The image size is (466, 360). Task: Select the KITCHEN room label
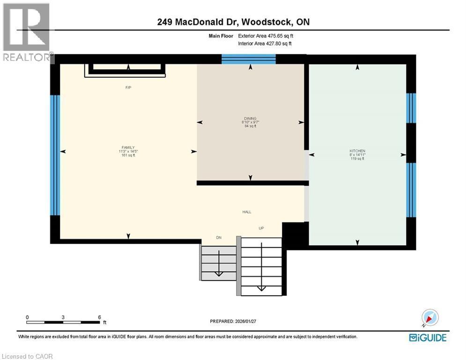[x=357, y=150]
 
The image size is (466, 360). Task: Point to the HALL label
[x=246, y=212]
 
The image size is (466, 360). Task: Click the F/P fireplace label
[x=128, y=88]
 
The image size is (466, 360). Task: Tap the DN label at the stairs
[x=218, y=238]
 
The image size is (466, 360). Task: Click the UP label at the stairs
[x=261, y=228]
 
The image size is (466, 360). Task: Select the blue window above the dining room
[x=248, y=59]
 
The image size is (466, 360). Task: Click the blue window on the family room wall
[x=55, y=155]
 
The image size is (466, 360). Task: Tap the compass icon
[x=430, y=318]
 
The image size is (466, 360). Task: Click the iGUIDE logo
[x=427, y=337]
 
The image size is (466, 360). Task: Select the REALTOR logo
[x=27, y=32]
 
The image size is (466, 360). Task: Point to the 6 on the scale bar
[x=99, y=317]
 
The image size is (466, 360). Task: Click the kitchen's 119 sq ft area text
[x=357, y=159]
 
